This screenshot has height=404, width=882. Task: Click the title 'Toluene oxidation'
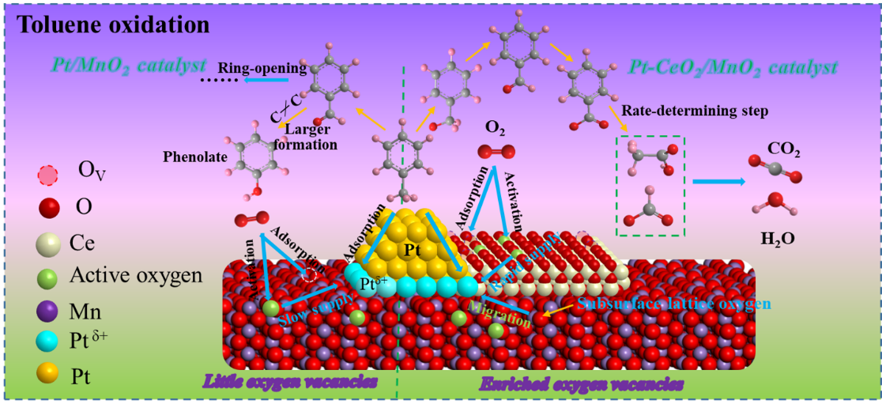tap(114, 25)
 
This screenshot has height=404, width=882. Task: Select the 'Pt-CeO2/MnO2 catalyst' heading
tap(735, 68)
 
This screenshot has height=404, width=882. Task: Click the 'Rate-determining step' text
tap(695, 111)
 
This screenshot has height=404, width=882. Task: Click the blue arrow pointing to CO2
tap(718, 182)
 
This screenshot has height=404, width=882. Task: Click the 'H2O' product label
tap(778, 236)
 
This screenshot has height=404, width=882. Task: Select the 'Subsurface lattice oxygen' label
tap(673, 304)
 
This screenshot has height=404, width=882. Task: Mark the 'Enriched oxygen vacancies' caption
tap(581, 385)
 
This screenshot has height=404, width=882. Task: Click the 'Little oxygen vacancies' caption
tap(290, 382)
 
